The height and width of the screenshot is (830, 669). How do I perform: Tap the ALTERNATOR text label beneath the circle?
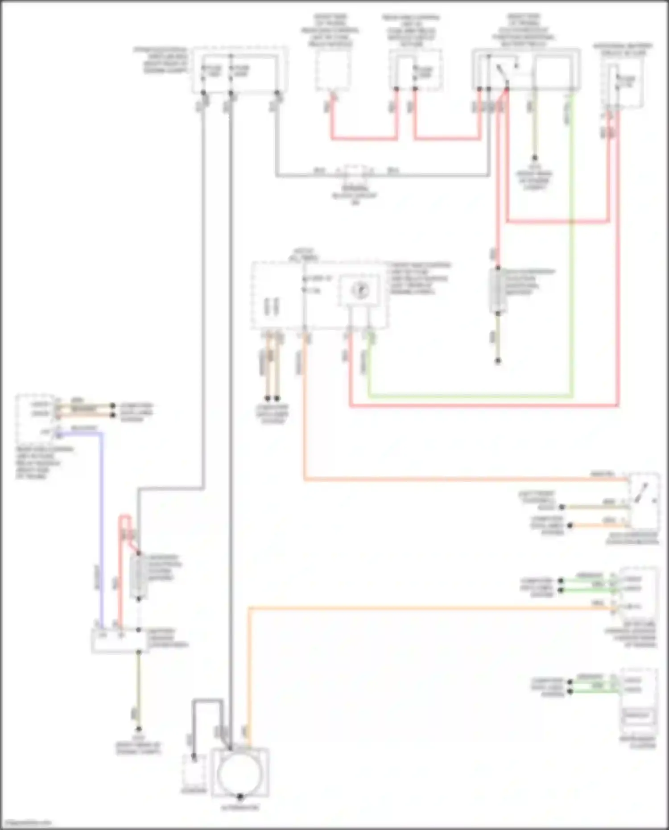tap(240, 807)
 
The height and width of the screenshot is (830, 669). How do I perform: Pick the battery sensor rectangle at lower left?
tap(120, 640)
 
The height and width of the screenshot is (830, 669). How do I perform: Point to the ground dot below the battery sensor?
tap(139, 729)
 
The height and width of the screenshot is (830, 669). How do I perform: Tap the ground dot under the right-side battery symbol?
tap(498, 361)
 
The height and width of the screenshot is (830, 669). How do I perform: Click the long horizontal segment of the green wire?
tap(468, 396)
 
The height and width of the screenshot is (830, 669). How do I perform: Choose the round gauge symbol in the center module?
tap(360, 290)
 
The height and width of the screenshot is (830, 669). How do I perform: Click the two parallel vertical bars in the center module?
tap(271, 306)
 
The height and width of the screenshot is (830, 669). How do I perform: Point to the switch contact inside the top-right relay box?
tap(502, 74)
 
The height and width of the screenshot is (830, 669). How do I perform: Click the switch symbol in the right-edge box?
tap(642, 495)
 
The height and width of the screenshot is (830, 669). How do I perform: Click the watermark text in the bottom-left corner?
tap(27, 822)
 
